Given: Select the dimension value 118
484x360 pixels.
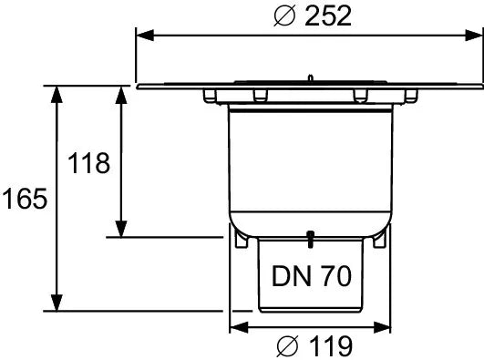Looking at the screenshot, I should (x=89, y=163).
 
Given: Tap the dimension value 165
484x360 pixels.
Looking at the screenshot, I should (x=24, y=199).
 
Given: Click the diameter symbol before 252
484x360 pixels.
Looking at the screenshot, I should (x=284, y=15).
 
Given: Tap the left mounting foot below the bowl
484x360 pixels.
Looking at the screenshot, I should (x=240, y=239).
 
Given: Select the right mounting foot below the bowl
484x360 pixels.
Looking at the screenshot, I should (x=379, y=239).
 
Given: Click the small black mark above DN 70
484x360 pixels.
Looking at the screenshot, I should (x=310, y=240).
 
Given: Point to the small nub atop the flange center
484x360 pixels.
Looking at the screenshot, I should (x=310, y=79).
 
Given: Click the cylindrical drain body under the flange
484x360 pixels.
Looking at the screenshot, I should (x=310, y=164).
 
